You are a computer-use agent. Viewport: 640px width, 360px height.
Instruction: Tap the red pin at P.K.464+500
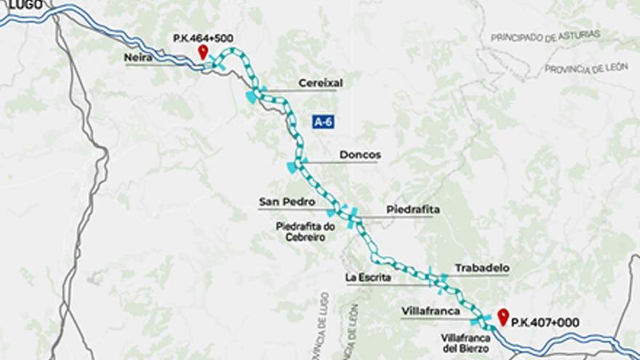pyautogui.click(x=203, y=52)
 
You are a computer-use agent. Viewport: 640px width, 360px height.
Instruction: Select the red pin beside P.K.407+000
pyautogui.click(x=502, y=316)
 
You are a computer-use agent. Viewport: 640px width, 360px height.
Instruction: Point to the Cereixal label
pyautogui.click(x=320, y=83)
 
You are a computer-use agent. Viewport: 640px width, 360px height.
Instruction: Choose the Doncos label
pyautogui.click(x=360, y=155)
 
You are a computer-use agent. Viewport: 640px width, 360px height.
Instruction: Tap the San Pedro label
pyautogui.click(x=287, y=201)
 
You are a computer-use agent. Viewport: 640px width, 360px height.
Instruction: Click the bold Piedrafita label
pyautogui.click(x=413, y=209)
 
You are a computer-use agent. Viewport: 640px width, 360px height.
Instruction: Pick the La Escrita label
pyautogui.click(x=369, y=277)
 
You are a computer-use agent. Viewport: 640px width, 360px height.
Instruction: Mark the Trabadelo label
pyautogui.click(x=481, y=268)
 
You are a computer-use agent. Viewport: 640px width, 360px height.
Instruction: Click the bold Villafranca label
pyautogui.click(x=430, y=311)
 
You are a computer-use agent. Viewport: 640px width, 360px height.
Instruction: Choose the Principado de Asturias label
pyautogui.click(x=545, y=36)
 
